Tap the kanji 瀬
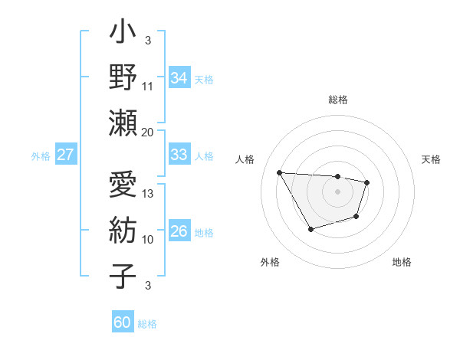point(123,123)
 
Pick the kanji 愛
point(123,185)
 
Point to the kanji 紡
point(123,230)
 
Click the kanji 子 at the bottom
point(123,275)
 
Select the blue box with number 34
point(179,77)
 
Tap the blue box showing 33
point(179,155)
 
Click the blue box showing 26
point(179,231)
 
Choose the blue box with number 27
point(66,155)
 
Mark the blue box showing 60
point(123,322)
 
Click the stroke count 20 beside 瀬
point(148,132)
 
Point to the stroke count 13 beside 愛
point(148,194)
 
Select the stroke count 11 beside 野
point(148,86)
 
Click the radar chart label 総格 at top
point(338,100)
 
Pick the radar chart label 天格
point(431,159)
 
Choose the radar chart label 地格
point(402,262)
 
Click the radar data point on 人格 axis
point(280,172)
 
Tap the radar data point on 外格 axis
point(310,229)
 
